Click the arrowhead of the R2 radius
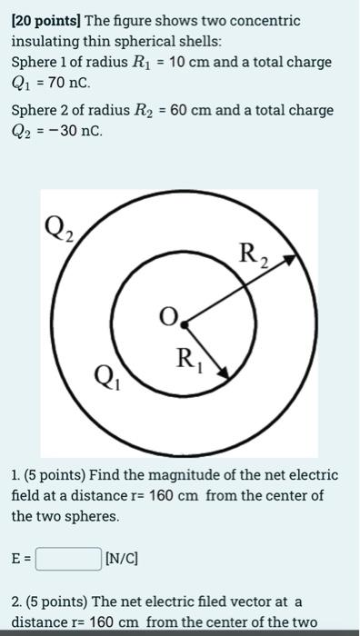coord(290,261)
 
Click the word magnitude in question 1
coord(197,475)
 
